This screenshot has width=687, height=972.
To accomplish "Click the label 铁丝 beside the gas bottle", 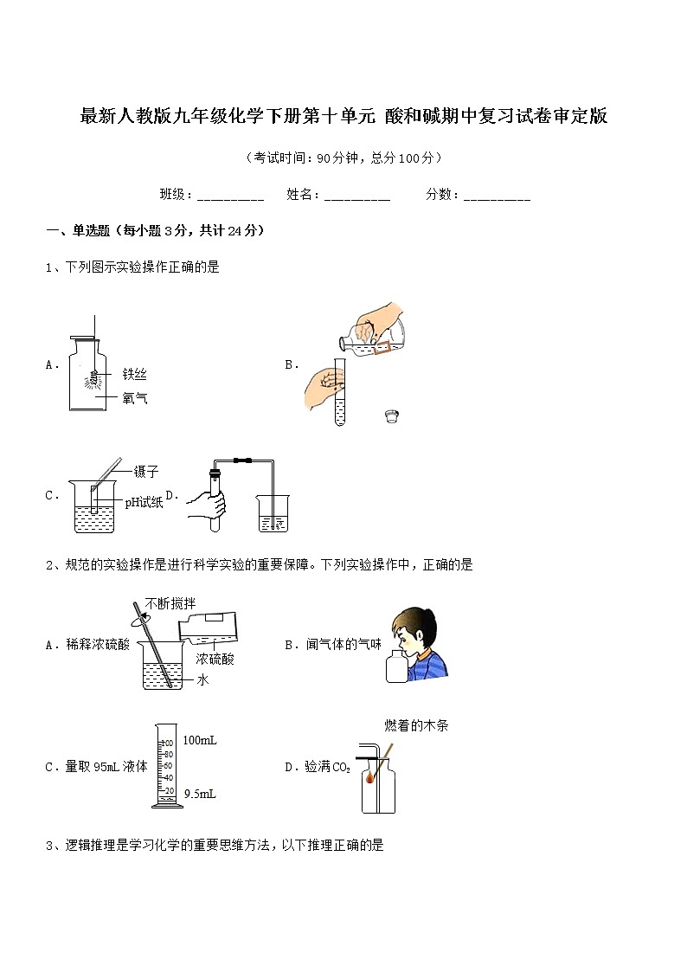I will pos(134,374).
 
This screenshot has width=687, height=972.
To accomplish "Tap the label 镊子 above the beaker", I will pos(146,472).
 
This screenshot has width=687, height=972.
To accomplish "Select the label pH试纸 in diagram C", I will pos(144,502).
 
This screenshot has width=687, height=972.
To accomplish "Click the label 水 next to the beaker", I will pos(202,680).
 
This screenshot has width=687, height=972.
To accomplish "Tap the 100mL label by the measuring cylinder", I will pos(200,740).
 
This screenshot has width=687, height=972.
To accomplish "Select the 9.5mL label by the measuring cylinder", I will pos(200,793).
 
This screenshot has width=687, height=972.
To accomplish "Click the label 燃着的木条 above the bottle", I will pos(416,726).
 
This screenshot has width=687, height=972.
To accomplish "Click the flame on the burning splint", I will pos(371,776).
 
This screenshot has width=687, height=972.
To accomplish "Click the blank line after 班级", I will pos(230,196).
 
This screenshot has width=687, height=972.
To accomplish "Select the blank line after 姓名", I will pos(357,196).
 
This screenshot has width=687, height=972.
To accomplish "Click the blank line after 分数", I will pos(497,196).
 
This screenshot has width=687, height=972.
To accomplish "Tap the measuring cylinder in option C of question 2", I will pos(168,766).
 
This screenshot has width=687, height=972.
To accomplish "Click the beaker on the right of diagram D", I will pos(273,513).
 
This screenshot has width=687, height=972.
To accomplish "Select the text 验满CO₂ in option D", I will pos(328,767).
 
